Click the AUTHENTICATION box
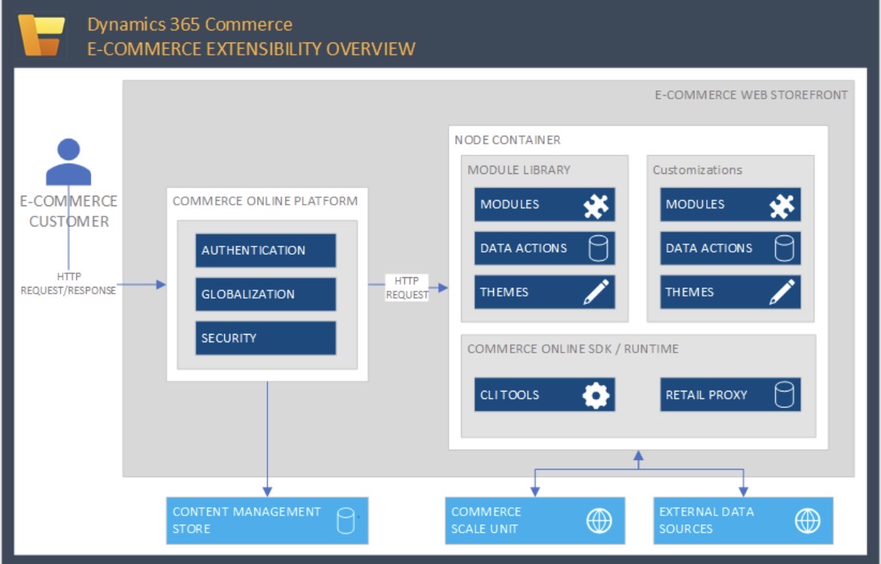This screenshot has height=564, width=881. [x=265, y=250]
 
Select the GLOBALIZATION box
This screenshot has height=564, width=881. [x=265, y=294]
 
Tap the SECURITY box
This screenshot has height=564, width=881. [x=265, y=338]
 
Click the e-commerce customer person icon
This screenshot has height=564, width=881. [x=69, y=161]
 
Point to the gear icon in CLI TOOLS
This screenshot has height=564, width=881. [x=596, y=394]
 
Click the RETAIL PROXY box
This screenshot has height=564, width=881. [x=730, y=394]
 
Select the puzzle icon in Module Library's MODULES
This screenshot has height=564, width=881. [x=596, y=204]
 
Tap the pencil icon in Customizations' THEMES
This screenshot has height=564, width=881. [x=782, y=292]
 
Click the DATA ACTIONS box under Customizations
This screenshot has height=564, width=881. [x=730, y=248]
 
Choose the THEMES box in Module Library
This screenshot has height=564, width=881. [x=544, y=292]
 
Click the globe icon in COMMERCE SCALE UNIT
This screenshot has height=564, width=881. [x=599, y=521]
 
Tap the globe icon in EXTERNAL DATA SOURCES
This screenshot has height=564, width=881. [x=808, y=521]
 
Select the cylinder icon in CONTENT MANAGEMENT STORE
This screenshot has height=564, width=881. [x=345, y=521]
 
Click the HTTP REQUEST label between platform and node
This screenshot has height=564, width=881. [x=407, y=288]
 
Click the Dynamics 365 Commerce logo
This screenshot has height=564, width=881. [x=42, y=34]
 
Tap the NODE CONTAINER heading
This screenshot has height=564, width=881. [x=507, y=140]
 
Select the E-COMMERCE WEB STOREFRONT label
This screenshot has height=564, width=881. [x=751, y=95]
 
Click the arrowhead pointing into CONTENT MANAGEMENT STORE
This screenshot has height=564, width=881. [x=267, y=491]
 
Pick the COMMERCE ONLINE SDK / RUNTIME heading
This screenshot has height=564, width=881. [x=572, y=349]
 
